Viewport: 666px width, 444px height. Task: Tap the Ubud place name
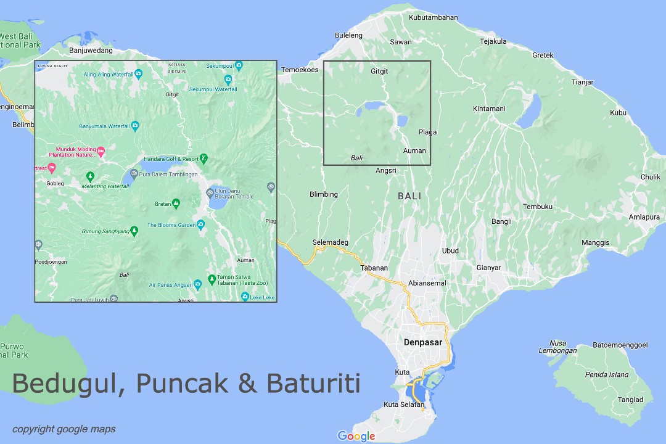click(x=450, y=251)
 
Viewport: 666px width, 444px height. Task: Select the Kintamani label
click(x=489, y=109)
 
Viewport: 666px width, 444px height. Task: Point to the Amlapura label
click(x=644, y=217)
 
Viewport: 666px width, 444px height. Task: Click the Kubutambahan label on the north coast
click(x=434, y=17)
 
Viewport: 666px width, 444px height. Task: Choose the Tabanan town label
click(x=374, y=268)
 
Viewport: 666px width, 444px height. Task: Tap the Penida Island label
click(x=607, y=374)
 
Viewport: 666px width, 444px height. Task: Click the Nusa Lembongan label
click(x=557, y=347)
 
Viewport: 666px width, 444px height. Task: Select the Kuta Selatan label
click(x=404, y=405)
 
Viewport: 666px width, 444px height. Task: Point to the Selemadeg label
click(x=331, y=242)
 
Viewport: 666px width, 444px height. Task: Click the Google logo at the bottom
click(x=356, y=437)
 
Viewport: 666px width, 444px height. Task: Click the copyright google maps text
click(x=64, y=429)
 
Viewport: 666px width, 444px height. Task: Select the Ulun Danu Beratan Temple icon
click(x=210, y=192)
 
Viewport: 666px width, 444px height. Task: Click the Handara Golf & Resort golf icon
click(x=203, y=158)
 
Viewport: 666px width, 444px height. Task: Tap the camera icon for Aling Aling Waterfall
click(x=138, y=74)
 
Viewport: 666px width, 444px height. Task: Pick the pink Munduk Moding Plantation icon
click(x=102, y=150)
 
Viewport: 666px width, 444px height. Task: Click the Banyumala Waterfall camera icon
click(x=134, y=127)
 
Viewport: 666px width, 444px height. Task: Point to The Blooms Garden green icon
click(x=201, y=225)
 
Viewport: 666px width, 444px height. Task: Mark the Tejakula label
click(x=493, y=42)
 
